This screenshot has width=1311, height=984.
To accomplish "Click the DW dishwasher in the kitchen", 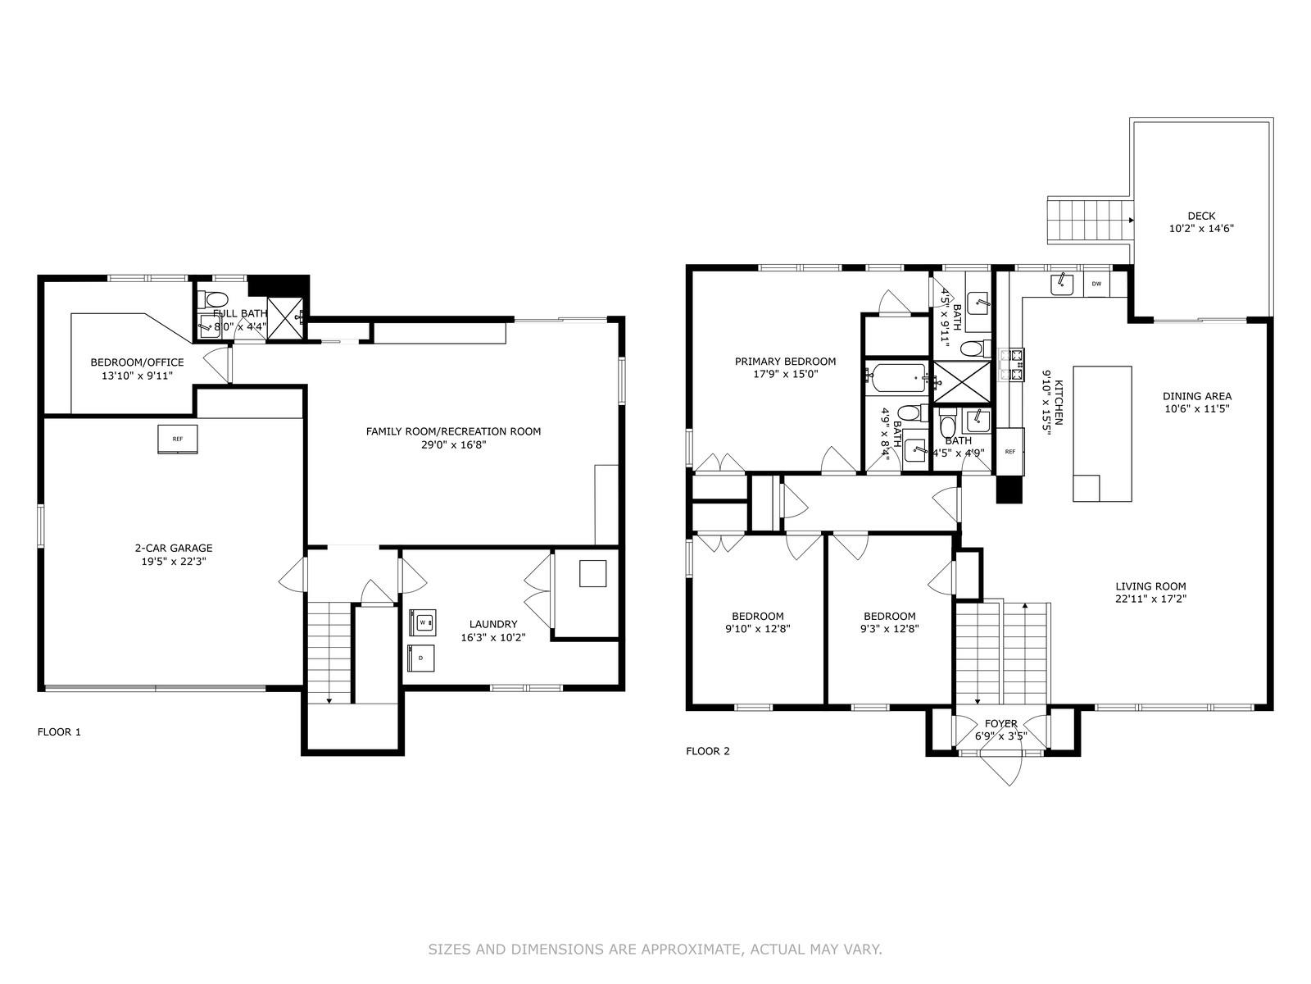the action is coord(1096,284).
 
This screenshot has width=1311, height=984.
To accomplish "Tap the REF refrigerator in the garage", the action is coord(177,440).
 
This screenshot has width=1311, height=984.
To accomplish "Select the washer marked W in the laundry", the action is coord(422,622).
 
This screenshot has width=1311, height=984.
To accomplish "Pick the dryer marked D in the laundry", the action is coord(420,658).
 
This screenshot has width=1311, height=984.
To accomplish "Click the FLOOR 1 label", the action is coord(59,732).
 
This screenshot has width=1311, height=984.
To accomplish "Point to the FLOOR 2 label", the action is coord(708,751).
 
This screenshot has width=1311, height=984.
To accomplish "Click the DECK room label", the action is coord(1201,216).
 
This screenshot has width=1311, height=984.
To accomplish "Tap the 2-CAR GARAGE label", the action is coord(173,548).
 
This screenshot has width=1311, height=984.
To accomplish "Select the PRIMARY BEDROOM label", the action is coord(785,361).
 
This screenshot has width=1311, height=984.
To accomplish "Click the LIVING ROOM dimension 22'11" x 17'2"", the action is coord(1150,599).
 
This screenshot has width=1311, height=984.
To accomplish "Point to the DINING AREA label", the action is coord(1197,395).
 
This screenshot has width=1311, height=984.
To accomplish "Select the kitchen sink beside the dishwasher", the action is coord(1062,285).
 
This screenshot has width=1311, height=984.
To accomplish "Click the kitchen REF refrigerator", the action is coord(1010,452).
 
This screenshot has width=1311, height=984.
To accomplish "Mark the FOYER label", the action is coord(1001,723).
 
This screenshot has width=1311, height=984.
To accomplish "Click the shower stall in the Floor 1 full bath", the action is coord(284,318).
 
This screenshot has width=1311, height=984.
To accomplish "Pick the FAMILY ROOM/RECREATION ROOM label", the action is coord(453,430).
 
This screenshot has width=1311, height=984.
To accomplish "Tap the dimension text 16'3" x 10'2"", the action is coord(492,637).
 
